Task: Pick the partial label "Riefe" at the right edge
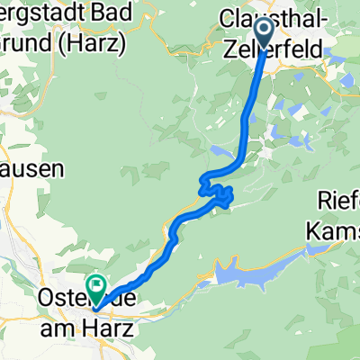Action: click(341, 200)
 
